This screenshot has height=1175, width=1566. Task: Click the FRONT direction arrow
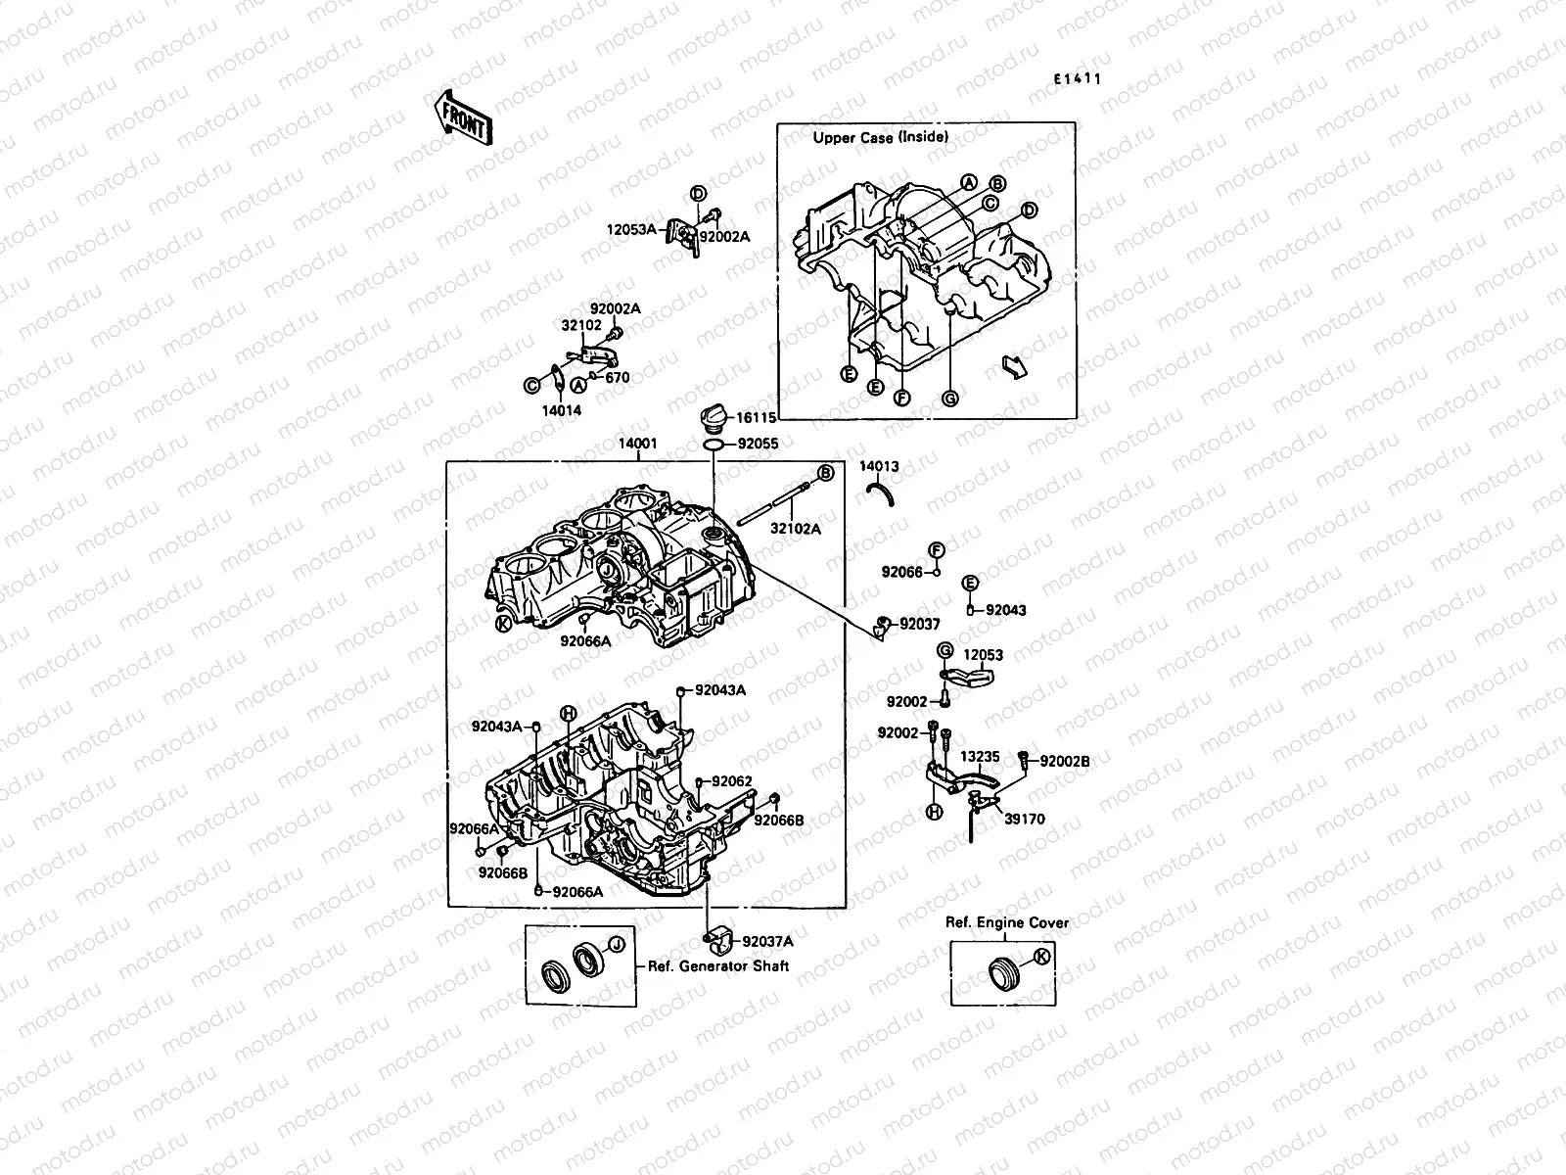tap(461, 120)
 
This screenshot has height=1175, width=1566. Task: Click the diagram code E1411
tap(1078, 79)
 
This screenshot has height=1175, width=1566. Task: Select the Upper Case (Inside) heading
tap(880, 138)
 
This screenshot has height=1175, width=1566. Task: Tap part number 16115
tap(756, 417)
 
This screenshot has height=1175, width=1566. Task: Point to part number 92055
tap(758, 444)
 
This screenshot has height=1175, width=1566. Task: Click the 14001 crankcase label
tap(637, 444)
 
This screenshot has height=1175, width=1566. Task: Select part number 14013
tap(879, 467)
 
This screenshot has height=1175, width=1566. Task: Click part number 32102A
tap(795, 529)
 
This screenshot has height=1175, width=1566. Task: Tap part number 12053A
tap(631, 230)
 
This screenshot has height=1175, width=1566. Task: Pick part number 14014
tap(562, 411)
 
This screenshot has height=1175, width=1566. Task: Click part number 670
tap(618, 378)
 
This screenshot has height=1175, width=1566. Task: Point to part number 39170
tap(1025, 820)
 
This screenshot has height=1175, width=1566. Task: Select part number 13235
tap(979, 757)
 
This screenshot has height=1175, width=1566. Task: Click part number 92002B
tap(1064, 761)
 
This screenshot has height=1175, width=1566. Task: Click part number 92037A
tap(767, 942)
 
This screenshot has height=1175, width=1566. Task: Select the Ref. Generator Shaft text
tap(718, 966)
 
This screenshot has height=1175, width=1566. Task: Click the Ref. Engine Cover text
tap(1007, 922)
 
